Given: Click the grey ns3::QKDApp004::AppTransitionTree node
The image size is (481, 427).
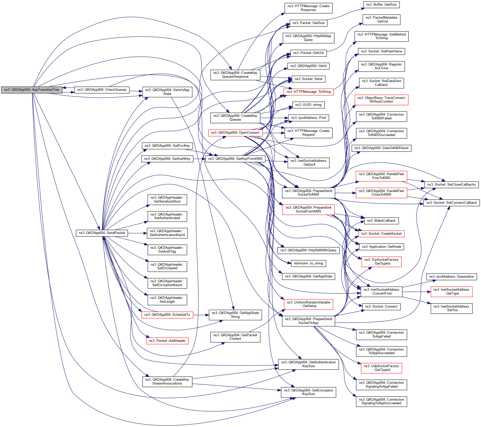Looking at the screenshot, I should click(32, 90).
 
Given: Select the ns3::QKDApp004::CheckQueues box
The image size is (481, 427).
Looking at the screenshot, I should click(102, 90).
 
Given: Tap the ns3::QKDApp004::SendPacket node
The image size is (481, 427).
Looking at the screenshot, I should click(102, 233).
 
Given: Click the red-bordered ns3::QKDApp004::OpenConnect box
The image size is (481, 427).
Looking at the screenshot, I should click(235, 133).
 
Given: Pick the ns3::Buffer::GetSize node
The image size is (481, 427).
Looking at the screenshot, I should click(381, 5).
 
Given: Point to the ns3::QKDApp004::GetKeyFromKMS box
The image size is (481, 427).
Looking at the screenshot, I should click(235, 159).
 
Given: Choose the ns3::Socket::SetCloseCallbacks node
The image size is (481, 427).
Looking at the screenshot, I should click(451, 185).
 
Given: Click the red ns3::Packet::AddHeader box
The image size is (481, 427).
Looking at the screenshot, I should click(167, 341).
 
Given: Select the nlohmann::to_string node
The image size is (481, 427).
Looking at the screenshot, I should click(308, 263).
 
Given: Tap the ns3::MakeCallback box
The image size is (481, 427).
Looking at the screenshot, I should click(381, 221).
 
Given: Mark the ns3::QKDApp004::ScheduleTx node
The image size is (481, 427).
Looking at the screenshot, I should click(167, 315).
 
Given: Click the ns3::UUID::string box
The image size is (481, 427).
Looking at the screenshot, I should click(308, 105).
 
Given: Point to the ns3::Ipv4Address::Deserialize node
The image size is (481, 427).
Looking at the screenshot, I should click(451, 277).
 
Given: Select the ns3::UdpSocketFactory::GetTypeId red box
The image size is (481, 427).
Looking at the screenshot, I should click(381, 368).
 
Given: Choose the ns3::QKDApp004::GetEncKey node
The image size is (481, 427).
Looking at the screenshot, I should click(167, 146).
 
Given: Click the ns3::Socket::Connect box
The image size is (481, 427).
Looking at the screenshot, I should click(381, 307).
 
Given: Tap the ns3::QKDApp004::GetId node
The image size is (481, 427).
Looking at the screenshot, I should click(308, 66).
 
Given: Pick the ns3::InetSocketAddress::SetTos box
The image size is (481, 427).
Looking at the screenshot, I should click(451, 308).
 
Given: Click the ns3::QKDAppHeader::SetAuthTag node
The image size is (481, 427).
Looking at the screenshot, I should click(167, 250).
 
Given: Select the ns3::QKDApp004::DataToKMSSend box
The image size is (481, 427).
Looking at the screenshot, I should click(381, 148).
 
